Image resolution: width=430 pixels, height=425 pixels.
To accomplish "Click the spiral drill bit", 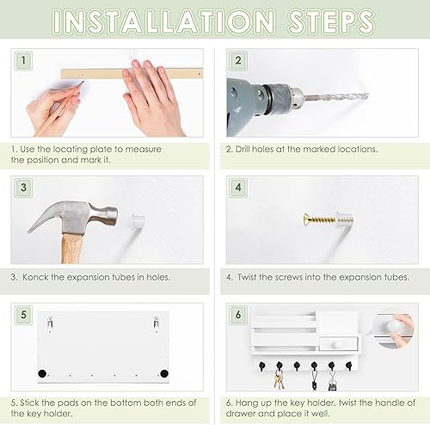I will (331, 98).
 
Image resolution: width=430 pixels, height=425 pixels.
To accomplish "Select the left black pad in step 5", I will (41, 373).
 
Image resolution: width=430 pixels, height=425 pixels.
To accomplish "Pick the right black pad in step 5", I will (163, 373).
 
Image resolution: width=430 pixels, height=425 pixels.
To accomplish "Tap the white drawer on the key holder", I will (331, 343).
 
